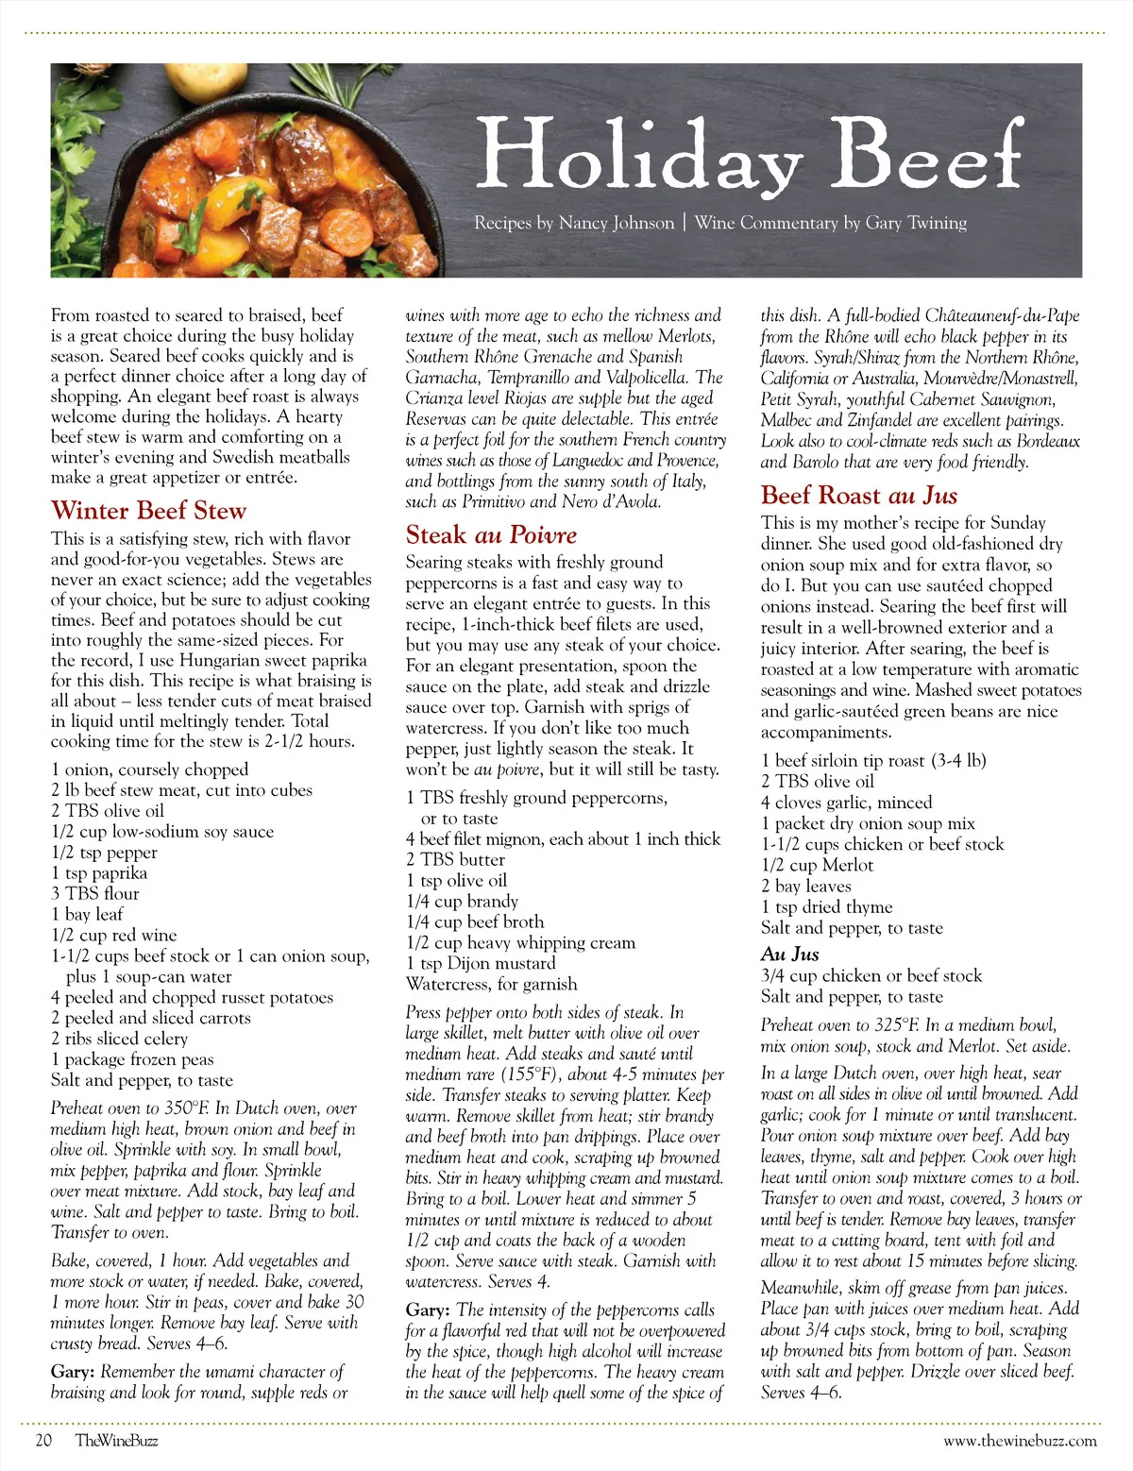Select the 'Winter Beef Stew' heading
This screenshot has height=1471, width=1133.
click(148, 511)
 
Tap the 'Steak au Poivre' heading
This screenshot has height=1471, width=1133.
click(491, 535)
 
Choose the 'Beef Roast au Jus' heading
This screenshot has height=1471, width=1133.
click(858, 496)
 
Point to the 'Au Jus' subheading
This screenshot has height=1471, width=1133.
click(789, 954)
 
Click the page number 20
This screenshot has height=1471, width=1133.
click(43, 1440)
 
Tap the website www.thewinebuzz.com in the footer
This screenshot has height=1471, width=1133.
click(1020, 1440)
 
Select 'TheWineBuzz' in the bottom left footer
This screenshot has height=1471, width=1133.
click(117, 1440)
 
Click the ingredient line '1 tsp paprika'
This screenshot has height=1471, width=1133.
click(99, 872)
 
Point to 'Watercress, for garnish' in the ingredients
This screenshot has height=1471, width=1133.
click(491, 984)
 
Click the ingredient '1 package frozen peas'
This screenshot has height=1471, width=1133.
click(132, 1059)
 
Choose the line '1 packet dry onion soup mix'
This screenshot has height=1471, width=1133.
click(868, 823)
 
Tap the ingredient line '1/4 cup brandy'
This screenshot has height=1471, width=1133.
click(462, 901)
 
